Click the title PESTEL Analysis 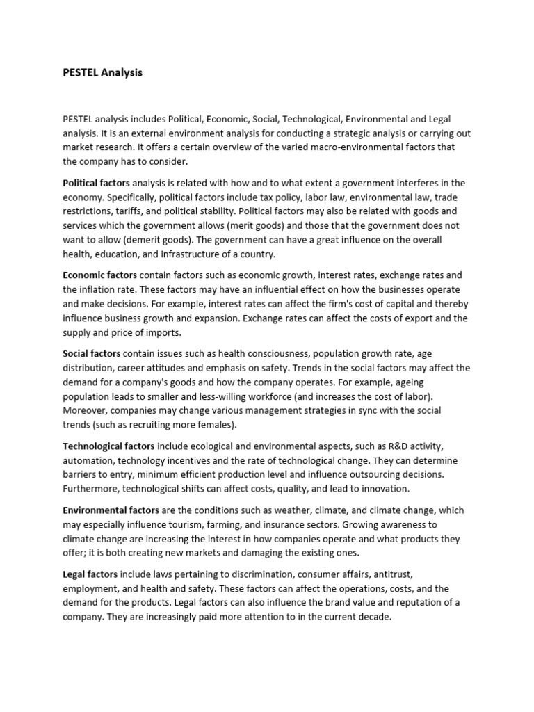tap(102, 72)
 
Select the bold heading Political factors tap(96, 183)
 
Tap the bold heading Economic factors tap(99, 275)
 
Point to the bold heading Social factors tap(92, 353)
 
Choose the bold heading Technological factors tap(109, 446)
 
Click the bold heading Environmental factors tap(111, 510)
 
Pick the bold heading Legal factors tap(90, 574)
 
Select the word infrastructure tap(192, 254)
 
